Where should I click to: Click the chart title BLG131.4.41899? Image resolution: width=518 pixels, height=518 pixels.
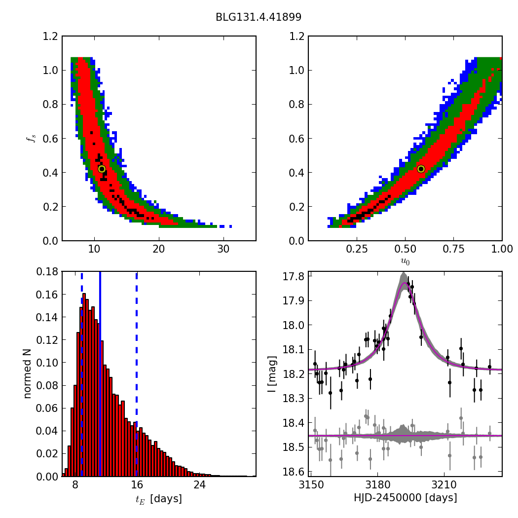coord(259,17)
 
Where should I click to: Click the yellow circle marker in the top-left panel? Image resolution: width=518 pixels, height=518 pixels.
coord(102,169)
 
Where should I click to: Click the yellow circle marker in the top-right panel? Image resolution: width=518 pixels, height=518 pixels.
coord(421,169)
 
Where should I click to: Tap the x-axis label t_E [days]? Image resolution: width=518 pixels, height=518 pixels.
coord(159,499)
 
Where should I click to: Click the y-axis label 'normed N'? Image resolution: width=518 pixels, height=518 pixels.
coord(28,373)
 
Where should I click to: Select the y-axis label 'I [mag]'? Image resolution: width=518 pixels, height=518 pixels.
coord(272,373)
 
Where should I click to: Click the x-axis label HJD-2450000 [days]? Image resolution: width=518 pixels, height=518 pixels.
coord(405,498)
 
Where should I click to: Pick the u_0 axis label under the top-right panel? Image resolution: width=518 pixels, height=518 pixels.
coord(405,261)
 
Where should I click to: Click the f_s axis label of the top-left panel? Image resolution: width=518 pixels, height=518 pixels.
coord(31,139)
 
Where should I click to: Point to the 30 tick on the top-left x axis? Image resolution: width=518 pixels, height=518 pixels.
coord(223,249)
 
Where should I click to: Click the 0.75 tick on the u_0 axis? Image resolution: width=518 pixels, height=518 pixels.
coord(454,249)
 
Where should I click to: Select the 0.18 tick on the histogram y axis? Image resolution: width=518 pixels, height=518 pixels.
coord(47,272)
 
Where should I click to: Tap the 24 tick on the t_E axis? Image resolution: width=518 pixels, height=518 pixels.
coord(199,485)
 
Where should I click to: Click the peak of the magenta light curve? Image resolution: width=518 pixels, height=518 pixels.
coord(405,283)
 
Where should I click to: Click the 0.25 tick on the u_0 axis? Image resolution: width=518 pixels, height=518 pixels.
coord(357,249)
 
